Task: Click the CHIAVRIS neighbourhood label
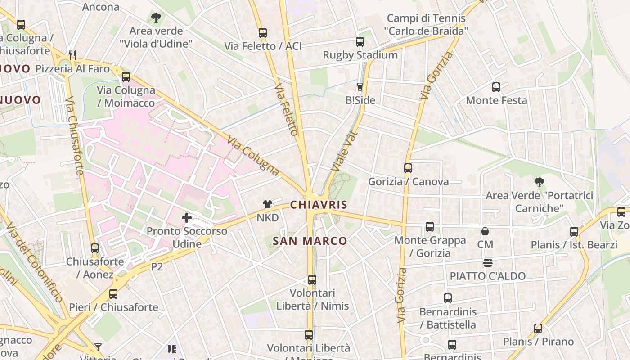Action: tap(319, 205)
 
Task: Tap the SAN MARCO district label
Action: tap(310, 241)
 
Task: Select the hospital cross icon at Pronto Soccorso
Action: tap(187, 218)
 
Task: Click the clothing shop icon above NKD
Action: tap(268, 204)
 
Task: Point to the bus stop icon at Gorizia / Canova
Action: tap(408, 168)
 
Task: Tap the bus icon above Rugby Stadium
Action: tap(360, 42)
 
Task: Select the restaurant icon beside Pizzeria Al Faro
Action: tap(72, 55)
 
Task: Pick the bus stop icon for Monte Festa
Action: tap(496, 87)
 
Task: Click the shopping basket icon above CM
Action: tap(485, 232)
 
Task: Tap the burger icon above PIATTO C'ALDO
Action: tap(488, 263)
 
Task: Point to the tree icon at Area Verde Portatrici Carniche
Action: tap(539, 182)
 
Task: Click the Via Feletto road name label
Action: tap(287, 109)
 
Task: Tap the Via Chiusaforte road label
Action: tap(75, 135)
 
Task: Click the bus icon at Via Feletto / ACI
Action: tap(263, 33)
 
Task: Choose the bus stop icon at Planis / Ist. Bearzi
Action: tap(574, 232)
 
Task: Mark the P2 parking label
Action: tap(157, 267)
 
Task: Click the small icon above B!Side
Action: tap(360, 87)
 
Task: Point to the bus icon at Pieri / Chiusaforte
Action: tap(113, 294)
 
